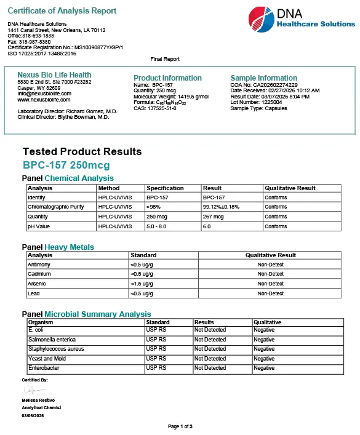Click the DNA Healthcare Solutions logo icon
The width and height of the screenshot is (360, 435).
point(260,19)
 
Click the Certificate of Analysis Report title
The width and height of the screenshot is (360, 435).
point(62,11)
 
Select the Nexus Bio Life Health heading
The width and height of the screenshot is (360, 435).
point(54,75)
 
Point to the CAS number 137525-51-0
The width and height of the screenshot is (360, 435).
point(155,108)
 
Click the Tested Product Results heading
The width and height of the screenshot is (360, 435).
point(82,151)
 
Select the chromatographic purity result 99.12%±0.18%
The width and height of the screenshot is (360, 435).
point(221,207)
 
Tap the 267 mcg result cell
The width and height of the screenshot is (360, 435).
point(214,217)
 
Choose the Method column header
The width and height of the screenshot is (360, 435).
point(109,188)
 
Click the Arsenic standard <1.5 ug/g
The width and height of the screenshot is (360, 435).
point(142,284)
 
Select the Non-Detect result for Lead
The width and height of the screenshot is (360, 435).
point(271,293)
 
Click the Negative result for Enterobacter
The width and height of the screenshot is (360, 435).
point(264,368)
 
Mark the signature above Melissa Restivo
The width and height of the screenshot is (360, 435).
point(34,391)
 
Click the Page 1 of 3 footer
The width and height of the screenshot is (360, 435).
point(180,426)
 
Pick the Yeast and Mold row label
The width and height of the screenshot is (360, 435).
point(47,359)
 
